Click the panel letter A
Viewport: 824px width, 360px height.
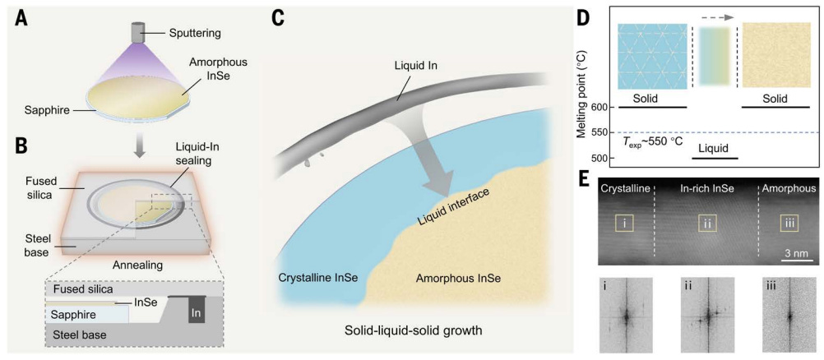pyautogui.click(x=14, y=16)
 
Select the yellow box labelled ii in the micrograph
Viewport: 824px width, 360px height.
pyautogui.click(x=708, y=223)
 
